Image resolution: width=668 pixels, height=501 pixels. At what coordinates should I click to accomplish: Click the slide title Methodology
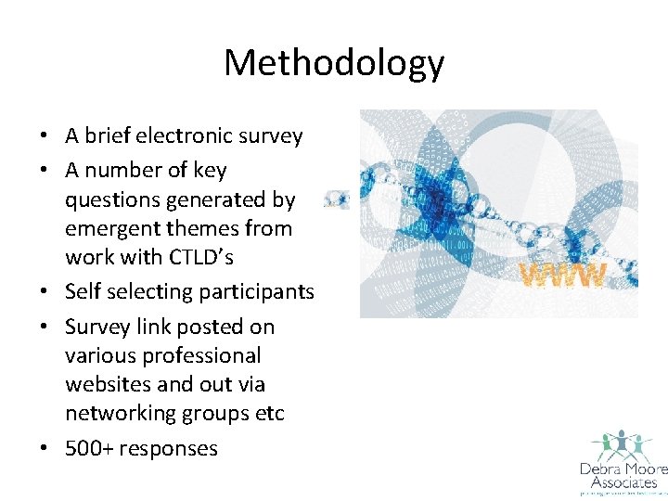point(334,63)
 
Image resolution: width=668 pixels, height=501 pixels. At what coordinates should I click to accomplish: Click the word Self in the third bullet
point(83,291)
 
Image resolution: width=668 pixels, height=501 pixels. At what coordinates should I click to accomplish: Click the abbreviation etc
point(267,413)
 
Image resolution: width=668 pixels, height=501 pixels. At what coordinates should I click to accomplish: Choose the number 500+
point(89,448)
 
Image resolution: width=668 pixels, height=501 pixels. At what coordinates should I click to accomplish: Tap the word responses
point(169,449)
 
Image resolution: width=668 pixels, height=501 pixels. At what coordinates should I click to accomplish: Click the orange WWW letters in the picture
point(562,275)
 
